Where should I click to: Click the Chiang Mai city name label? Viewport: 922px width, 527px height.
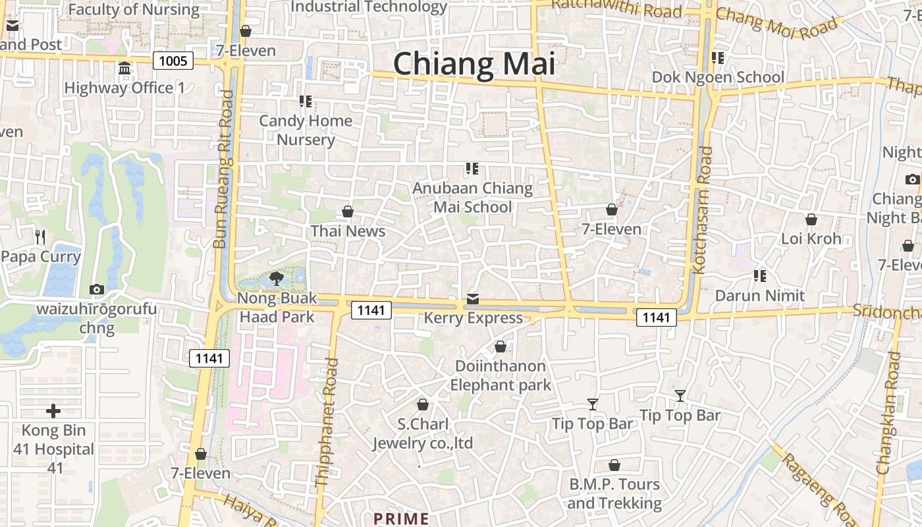pos(474,65)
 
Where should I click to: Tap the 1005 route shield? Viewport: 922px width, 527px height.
pos(174,61)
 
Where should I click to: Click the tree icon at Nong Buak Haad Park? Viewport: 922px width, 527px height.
pos(276,279)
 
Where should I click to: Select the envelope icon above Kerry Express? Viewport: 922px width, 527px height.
pos(472,300)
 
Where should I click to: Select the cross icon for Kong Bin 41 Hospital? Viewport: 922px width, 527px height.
pos(53,412)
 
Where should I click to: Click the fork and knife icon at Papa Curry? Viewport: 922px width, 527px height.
pos(41,236)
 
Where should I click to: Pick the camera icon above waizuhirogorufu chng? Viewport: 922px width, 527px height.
pos(96,289)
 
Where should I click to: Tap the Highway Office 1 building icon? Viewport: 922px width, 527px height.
pos(124,69)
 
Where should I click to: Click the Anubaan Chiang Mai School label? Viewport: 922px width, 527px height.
pos(472,198)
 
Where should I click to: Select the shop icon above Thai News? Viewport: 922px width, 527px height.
pos(348,212)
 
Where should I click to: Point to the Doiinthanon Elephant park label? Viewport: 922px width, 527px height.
pos(501,375)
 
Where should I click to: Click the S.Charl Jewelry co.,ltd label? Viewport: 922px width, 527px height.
pos(423,433)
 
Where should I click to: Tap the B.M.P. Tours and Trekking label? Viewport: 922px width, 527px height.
pos(614,494)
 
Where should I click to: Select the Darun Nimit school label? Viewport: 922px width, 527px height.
pos(760,295)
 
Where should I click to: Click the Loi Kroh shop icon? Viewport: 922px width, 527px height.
pos(811,219)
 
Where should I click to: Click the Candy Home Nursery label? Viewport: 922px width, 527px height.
pos(306,130)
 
